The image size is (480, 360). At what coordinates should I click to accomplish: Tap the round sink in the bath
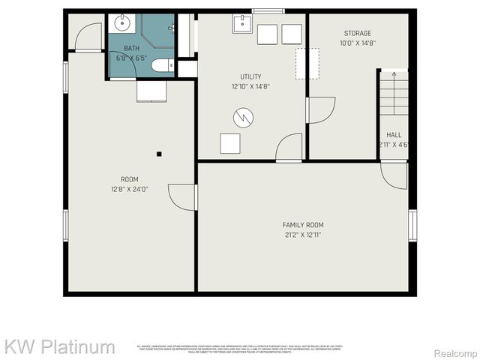[x=121, y=23]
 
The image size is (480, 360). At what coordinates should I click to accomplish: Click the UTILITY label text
[x=250, y=76]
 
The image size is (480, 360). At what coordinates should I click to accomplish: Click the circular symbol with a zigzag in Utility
[x=243, y=117]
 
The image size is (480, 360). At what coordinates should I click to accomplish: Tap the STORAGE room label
[x=358, y=33]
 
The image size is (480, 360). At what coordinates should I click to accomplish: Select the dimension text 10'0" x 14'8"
[x=358, y=43]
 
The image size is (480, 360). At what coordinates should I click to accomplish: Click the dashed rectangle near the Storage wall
[x=307, y=64]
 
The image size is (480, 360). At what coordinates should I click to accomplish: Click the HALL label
[x=394, y=135]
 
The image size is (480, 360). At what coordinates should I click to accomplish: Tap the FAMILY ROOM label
[x=303, y=225]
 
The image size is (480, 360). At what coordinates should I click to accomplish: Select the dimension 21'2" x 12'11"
[x=303, y=235]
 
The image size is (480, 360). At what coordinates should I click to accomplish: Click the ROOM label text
[x=130, y=179]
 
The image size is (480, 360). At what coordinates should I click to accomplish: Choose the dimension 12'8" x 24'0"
[x=130, y=189]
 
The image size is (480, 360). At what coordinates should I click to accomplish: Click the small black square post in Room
[x=159, y=154]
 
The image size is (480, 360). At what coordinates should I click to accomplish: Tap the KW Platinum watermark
[x=60, y=346]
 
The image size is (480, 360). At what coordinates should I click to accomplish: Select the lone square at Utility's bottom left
[x=229, y=143]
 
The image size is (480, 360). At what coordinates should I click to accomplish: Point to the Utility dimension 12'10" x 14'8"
[x=250, y=86]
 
